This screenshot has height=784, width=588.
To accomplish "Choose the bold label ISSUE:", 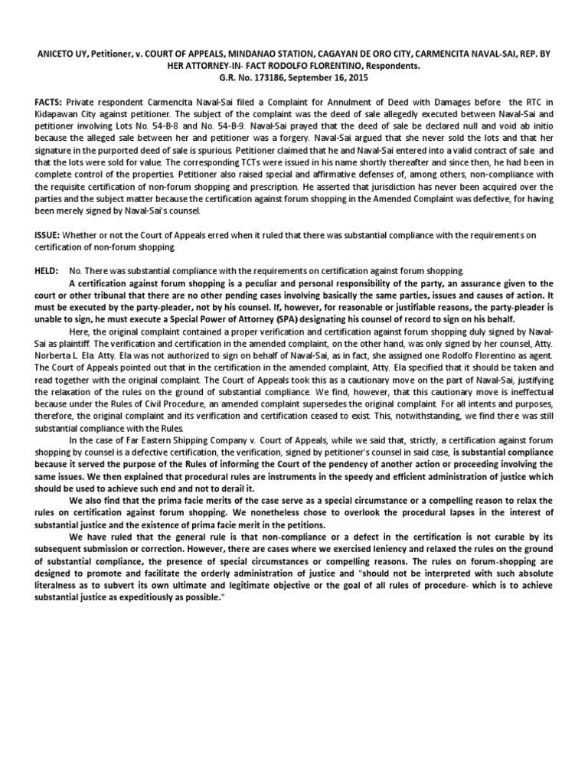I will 47,235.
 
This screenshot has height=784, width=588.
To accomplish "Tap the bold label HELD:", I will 47,271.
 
